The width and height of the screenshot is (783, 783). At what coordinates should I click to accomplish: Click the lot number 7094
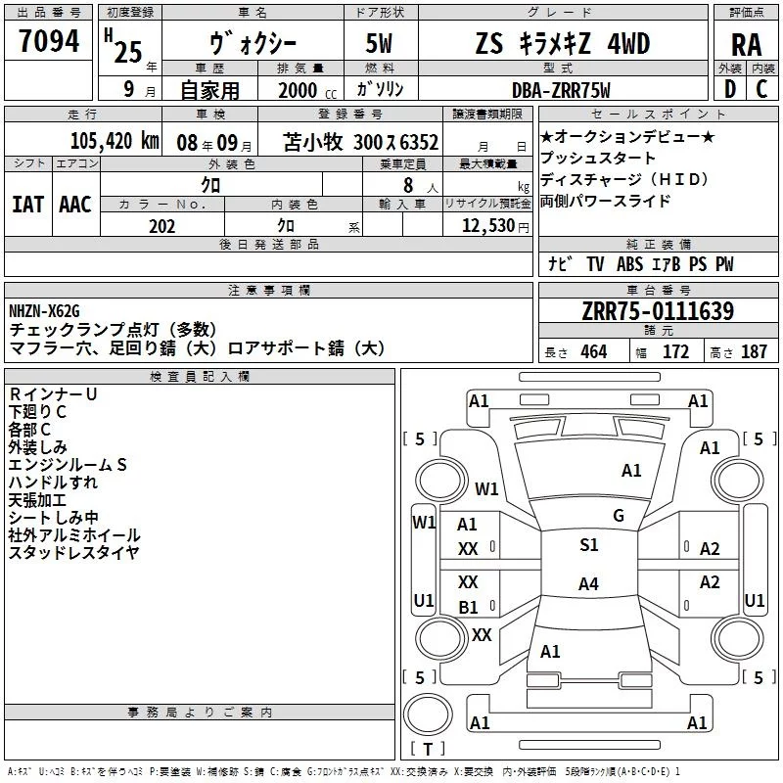50,42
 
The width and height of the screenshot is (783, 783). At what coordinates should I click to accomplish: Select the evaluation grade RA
746,44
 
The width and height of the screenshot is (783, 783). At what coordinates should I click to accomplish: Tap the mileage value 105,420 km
115,141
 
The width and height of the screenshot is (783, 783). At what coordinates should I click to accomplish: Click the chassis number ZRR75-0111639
658,312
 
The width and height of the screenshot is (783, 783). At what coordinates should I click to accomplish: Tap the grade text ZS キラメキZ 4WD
562,44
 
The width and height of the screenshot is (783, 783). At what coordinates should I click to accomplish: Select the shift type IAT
27,204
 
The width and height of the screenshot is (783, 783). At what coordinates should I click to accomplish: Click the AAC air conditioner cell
75,204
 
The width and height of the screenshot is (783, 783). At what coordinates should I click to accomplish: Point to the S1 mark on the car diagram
588,545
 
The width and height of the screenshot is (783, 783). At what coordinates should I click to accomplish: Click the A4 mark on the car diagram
587,584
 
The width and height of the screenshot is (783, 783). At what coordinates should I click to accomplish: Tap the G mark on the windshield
618,516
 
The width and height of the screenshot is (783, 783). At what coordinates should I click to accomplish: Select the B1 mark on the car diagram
469,607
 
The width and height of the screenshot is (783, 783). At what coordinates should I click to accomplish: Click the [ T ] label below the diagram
428,750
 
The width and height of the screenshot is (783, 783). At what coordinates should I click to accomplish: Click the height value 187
754,352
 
